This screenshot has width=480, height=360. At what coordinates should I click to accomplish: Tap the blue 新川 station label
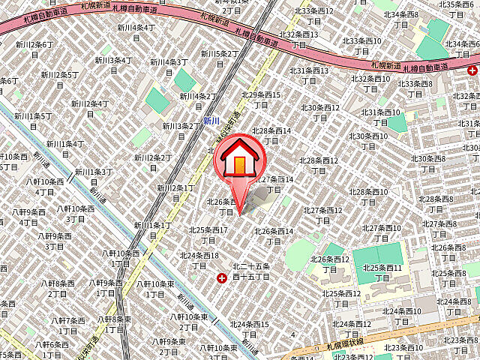click(211, 120)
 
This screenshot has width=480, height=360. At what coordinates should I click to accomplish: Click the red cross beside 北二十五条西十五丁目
click(221, 278)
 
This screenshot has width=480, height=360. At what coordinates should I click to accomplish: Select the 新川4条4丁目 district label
click(136, 32)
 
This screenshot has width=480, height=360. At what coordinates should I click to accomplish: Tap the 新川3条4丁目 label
click(113, 65)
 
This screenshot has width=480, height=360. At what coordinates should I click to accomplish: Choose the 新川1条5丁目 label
click(32, 121)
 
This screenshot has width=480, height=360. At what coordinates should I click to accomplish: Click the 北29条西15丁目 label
click(260, 100)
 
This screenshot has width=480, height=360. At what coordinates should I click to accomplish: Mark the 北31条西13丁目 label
click(310, 76)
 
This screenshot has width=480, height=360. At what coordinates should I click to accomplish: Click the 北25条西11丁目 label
click(382, 273)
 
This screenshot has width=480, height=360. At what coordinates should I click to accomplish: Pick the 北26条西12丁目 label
click(330, 264)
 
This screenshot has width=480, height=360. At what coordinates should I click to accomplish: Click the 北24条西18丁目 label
click(199, 260)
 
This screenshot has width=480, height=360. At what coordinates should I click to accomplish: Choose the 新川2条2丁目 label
click(152, 163)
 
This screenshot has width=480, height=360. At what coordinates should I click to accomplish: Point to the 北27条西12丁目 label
click(323, 215)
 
